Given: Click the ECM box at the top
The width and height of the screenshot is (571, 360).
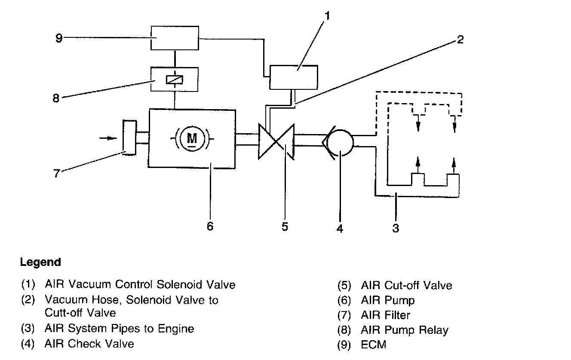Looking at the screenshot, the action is point(175,38).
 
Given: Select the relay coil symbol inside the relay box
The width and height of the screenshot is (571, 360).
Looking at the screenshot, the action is point(175,80).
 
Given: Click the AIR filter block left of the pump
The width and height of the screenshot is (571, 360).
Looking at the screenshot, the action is point(129,137).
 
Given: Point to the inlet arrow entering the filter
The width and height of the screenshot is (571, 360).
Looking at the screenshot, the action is point(108,138).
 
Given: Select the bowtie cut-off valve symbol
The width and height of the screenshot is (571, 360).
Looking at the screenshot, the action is point(276,142).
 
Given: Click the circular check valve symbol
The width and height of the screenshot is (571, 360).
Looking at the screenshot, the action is point(340,143).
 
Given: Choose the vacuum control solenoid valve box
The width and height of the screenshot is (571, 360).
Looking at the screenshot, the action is point(294,77).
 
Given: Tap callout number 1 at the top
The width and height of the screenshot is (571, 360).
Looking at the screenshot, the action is point(327,16).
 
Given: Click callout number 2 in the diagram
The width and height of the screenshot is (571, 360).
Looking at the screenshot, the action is point(460,40).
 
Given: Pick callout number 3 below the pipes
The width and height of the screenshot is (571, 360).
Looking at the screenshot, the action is point(396,228).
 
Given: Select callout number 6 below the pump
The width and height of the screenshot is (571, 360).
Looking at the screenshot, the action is point(210,226).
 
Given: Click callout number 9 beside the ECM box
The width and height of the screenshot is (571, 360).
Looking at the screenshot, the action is point(59,38).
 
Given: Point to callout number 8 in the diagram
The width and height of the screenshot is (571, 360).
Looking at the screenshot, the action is point(56,98).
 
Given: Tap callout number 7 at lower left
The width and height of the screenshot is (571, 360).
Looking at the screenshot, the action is point(56,173).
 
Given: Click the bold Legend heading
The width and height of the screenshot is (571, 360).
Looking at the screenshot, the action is point(40,262).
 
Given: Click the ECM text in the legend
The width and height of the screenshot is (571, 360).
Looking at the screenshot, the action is point(374,345).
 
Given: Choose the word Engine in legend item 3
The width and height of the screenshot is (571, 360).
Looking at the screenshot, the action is point(176,329).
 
